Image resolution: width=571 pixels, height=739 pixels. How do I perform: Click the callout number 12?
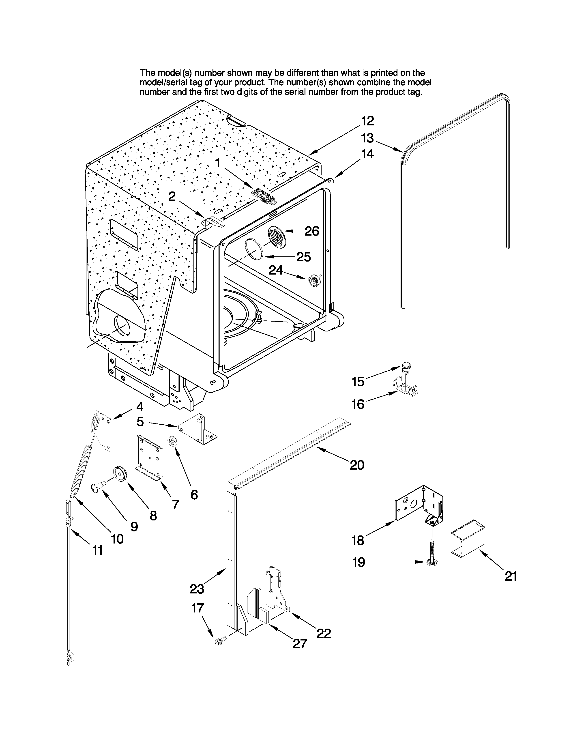click(367, 121)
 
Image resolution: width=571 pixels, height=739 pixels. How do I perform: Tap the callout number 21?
click(511, 576)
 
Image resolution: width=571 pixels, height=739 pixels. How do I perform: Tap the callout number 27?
click(300, 644)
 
